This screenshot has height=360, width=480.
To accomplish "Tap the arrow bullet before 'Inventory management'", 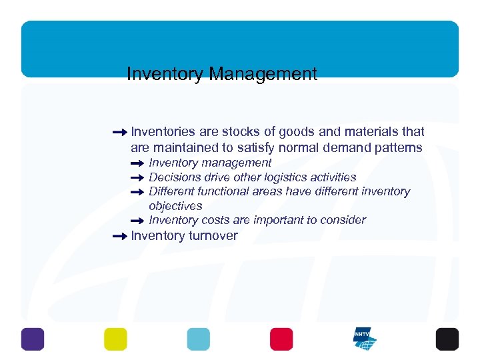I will (x=137, y=163).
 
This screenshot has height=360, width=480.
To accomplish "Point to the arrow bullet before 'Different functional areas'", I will (x=137, y=192).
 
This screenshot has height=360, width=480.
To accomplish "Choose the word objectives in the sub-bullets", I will (x=175, y=206).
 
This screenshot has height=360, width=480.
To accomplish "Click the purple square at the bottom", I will (x=32, y=339).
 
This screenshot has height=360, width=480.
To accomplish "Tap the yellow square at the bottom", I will (x=115, y=339).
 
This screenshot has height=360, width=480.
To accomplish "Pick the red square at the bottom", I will (x=281, y=339).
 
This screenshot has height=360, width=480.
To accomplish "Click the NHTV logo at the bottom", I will (x=365, y=339).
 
